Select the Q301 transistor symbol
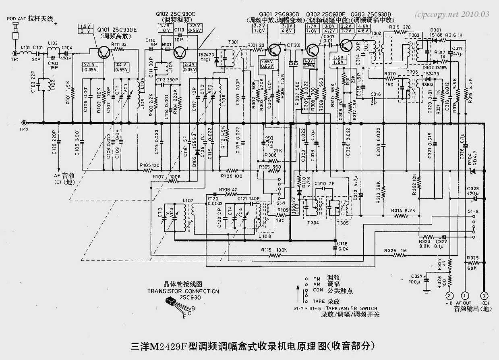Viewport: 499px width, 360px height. [275, 49]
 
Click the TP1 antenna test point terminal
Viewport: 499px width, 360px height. [15, 53]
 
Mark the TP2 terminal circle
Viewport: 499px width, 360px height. [25, 123]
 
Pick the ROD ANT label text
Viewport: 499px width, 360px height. [16, 19]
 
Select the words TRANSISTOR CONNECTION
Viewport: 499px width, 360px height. [183, 291]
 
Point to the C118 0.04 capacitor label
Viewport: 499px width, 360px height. [342, 246]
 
